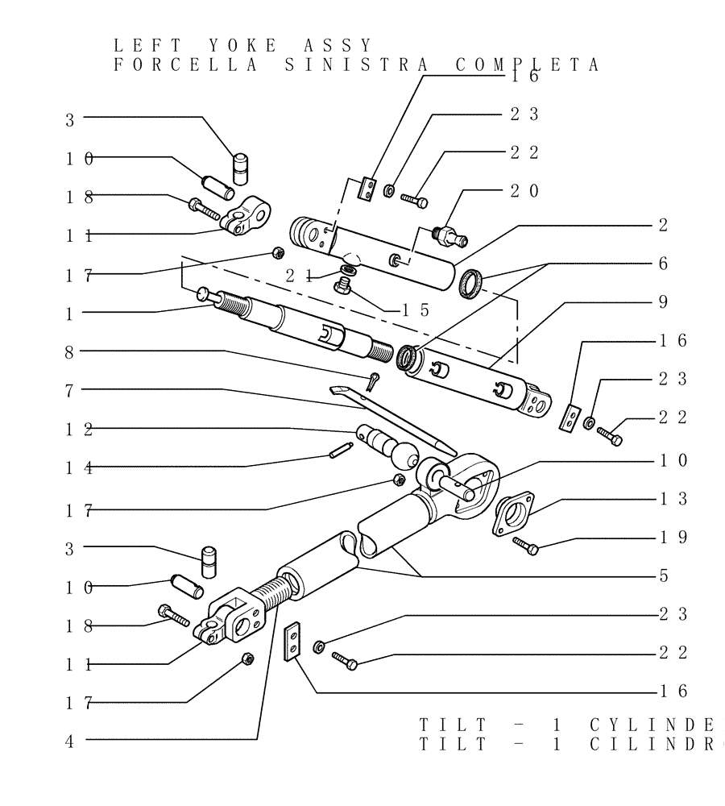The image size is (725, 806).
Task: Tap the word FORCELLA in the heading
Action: tap(184, 65)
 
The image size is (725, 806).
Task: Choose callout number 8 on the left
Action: tap(70, 351)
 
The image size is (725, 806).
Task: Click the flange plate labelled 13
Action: tap(512, 513)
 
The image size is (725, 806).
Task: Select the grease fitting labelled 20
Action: tap(449, 235)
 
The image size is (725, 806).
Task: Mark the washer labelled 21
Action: tap(348, 269)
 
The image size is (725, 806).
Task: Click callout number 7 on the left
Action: tap(70, 390)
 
